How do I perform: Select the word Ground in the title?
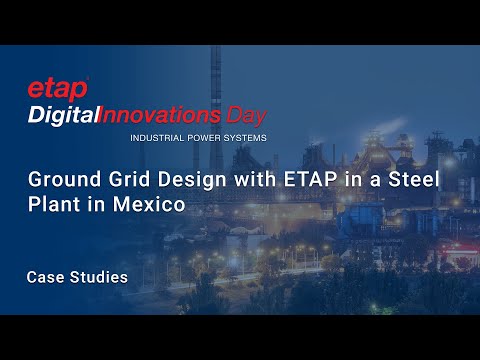(x=56, y=180)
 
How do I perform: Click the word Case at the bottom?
(x=46, y=277)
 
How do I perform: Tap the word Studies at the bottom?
(x=99, y=277)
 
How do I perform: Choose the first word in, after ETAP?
(x=311, y=180)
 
